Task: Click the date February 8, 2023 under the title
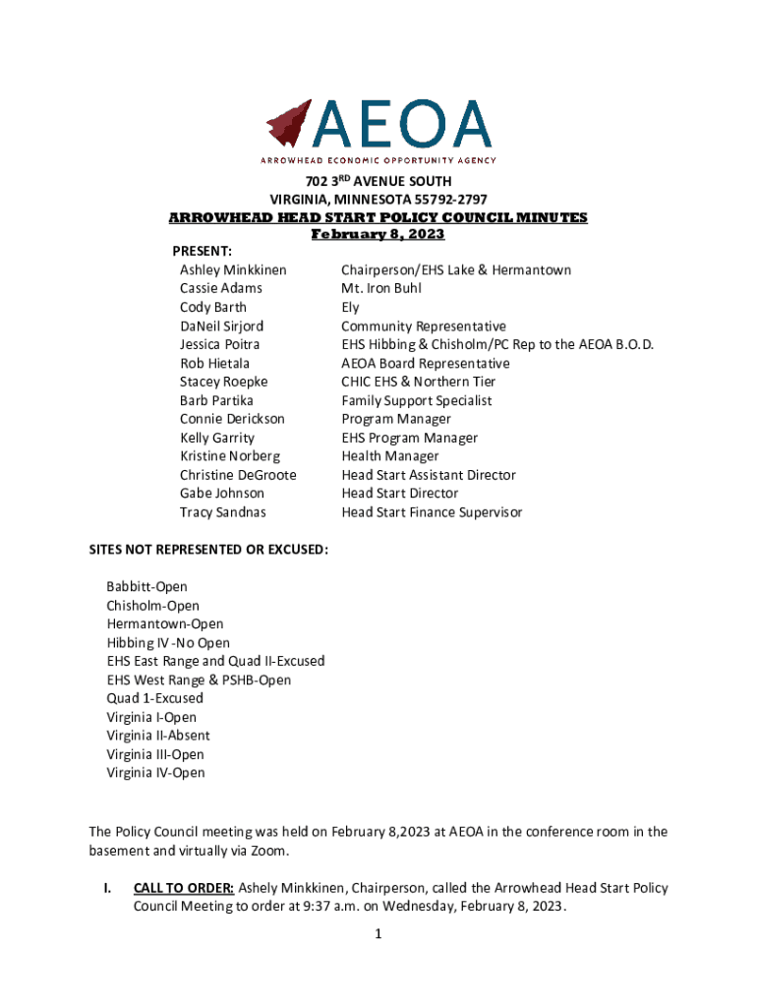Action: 378,234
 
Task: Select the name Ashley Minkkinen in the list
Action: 233,269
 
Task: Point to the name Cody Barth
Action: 213,307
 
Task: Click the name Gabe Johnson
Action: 222,493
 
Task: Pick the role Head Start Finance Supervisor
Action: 432,511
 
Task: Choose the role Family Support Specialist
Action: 417,400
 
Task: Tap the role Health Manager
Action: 390,456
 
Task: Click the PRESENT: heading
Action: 203,252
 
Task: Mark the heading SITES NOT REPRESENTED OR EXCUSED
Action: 208,549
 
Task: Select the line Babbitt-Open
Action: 146,586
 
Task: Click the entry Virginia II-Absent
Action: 158,736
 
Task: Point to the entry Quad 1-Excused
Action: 155,698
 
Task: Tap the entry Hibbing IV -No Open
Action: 168,643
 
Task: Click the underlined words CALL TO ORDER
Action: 184,888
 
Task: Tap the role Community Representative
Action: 424,326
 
